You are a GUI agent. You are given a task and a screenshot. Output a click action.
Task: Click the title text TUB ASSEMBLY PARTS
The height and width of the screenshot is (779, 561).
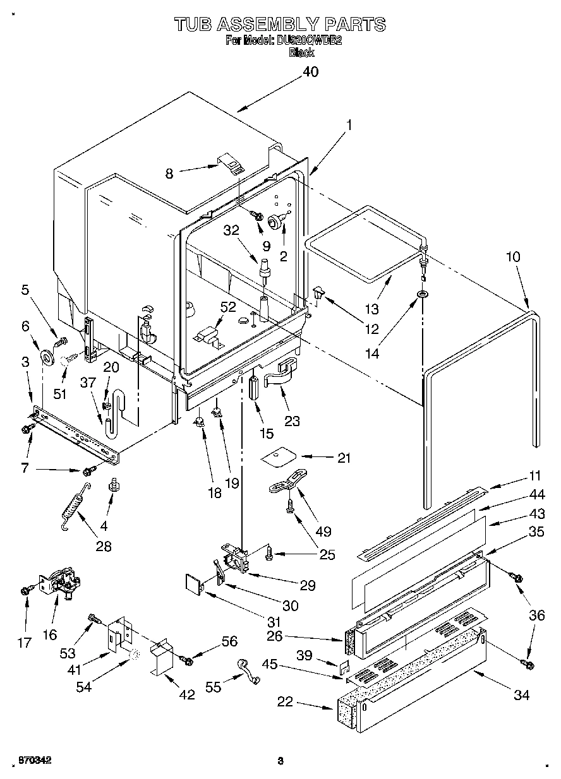[280, 24]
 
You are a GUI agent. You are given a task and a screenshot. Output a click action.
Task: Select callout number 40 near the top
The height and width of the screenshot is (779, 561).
[310, 72]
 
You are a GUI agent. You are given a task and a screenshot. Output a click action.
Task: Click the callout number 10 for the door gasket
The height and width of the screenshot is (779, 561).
[513, 257]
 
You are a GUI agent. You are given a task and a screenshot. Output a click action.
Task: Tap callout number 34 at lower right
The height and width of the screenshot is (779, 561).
[521, 695]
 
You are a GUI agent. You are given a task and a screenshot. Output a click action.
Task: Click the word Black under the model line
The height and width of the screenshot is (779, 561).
[301, 53]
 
